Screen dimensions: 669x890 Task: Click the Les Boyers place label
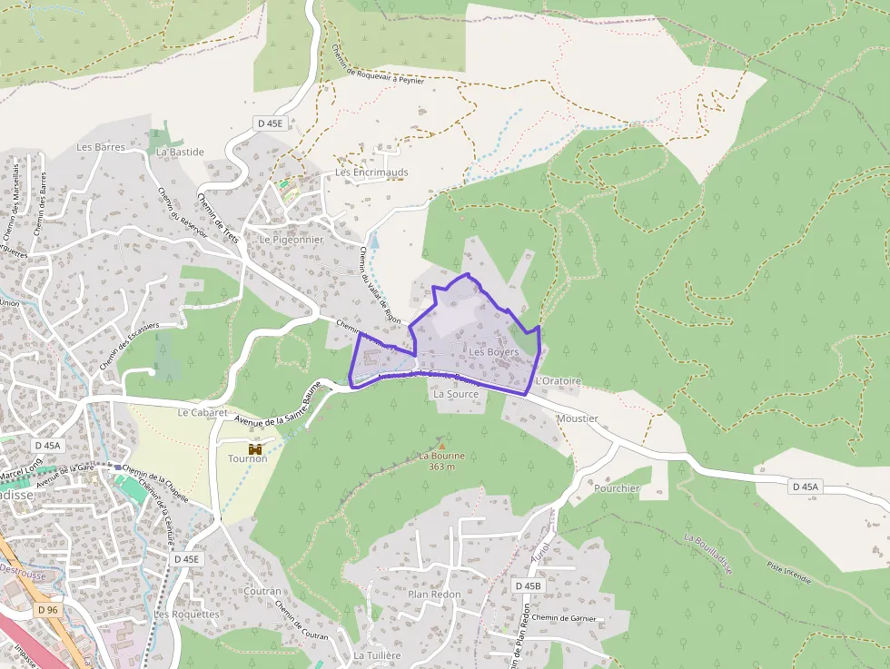(494, 351)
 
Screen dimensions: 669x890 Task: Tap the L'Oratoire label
(558, 381)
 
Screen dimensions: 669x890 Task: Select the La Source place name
(456, 395)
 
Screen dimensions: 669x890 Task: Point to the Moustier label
(578, 418)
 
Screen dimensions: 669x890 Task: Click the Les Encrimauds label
(371, 172)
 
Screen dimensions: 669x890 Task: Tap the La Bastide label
(180, 152)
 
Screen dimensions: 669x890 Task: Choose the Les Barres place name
(101, 147)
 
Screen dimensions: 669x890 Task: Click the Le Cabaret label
(202, 412)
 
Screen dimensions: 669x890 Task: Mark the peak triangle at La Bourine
(441, 446)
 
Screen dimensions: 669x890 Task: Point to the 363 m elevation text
(441, 467)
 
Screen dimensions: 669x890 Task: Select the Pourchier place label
(617, 488)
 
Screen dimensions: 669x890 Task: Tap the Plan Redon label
(434, 595)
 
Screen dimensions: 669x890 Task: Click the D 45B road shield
(528, 586)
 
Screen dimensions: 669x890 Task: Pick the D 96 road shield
(47, 610)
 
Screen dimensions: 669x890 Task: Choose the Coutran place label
(262, 591)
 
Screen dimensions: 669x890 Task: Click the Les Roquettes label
(186, 615)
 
